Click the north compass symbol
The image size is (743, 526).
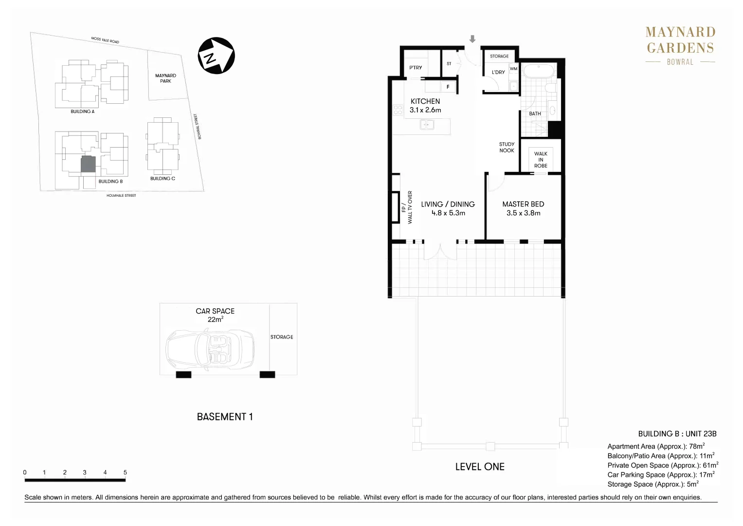(217, 56)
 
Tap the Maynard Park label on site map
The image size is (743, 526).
(165, 78)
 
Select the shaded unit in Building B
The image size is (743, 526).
(88, 164)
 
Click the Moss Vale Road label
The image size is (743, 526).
(105, 40)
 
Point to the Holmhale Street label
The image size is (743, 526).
(121, 196)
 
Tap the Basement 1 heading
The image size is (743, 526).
(225, 417)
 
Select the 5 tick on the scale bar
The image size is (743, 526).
(125, 472)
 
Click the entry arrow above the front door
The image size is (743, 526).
(472, 39)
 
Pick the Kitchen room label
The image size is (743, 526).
(425, 101)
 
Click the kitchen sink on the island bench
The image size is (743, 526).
(427, 125)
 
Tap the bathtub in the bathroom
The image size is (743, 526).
(538, 72)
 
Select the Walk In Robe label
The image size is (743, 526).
(541, 160)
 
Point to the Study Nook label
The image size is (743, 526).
(507, 148)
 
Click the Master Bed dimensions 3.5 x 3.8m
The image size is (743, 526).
(523, 213)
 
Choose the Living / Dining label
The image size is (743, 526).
(448, 205)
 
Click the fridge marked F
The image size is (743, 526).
(448, 87)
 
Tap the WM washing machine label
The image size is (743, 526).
(513, 69)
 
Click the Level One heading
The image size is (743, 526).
(480, 467)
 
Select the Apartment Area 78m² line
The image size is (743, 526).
(656, 447)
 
